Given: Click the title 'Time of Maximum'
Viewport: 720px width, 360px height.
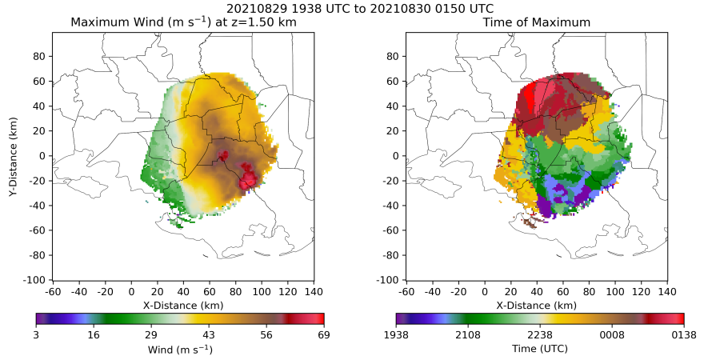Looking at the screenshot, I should click(536, 22).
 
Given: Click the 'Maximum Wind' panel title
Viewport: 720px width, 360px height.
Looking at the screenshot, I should click(183, 22).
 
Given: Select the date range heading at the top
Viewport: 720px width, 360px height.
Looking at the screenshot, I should click(360, 8).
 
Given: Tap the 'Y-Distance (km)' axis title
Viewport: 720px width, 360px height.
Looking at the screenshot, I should click(13, 156).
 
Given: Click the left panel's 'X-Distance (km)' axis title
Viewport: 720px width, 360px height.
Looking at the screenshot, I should click(182, 305).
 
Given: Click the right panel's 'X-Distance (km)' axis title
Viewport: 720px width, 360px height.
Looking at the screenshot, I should click(536, 305).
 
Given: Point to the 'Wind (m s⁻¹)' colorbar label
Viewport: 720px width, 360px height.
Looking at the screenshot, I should click(180, 350).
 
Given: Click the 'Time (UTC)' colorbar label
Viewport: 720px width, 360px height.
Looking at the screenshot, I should click(540, 350).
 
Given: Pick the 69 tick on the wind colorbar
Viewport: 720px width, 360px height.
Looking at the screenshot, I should click(324, 334).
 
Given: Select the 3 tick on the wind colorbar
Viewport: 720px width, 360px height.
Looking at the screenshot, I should click(36, 334).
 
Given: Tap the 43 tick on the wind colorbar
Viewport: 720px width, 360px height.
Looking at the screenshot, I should click(209, 334).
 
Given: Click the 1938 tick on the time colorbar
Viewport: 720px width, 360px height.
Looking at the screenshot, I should click(396, 334).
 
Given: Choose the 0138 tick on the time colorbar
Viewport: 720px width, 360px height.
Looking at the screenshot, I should click(684, 334).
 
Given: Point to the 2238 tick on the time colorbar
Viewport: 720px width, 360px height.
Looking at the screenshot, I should click(540, 334).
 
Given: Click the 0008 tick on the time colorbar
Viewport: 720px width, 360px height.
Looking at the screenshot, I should click(612, 334).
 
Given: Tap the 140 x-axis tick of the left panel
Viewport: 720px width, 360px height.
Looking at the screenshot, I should click(314, 291).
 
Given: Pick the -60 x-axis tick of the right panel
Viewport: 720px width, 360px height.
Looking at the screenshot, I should click(406, 291).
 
